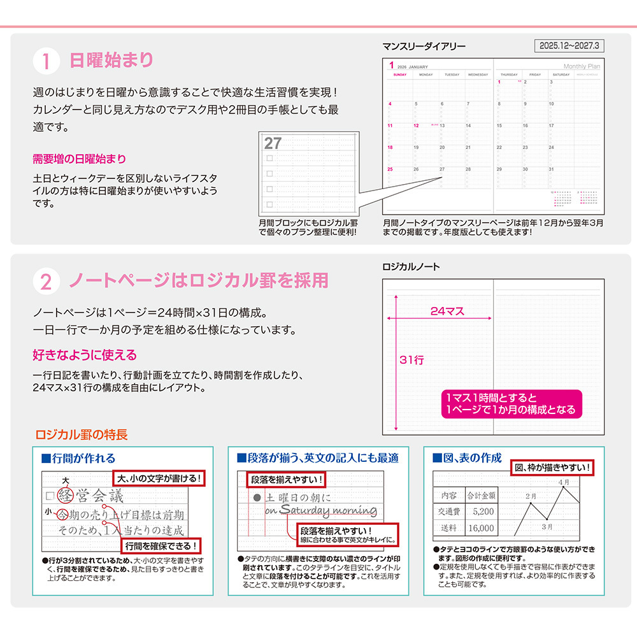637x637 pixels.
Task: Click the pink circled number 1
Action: (x=46, y=62)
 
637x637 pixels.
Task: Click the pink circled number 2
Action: (x=46, y=281)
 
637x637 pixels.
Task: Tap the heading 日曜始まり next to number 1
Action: (x=111, y=61)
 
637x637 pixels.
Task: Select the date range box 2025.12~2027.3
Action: (x=569, y=46)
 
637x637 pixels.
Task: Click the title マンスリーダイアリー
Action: (x=424, y=47)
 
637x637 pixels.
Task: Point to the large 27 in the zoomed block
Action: (x=273, y=143)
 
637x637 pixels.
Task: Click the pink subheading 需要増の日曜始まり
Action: (x=79, y=159)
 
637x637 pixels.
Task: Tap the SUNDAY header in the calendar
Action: (x=399, y=75)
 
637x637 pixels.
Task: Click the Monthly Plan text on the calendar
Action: (x=582, y=66)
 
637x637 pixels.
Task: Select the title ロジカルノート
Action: (x=411, y=267)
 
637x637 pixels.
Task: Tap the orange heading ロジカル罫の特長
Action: (x=82, y=435)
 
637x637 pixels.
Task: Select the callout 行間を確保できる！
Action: (x=161, y=545)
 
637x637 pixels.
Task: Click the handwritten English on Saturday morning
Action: (x=320, y=510)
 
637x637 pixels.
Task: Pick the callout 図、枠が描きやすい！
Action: (x=552, y=468)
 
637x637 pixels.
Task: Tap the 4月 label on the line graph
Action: (x=564, y=483)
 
